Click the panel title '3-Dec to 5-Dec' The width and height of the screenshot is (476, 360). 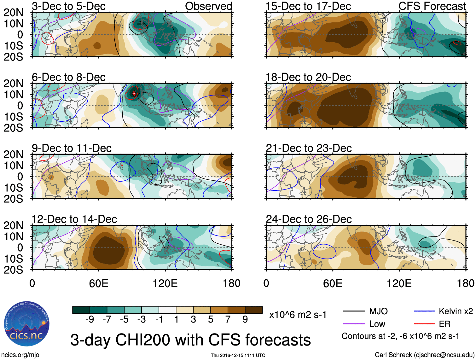click(69, 6)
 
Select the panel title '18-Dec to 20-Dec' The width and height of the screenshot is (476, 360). click(308, 77)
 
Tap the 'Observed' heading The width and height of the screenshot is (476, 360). click(208, 6)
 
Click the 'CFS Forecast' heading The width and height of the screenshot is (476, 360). click(432, 6)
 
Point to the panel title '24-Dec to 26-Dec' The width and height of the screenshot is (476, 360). click(309, 219)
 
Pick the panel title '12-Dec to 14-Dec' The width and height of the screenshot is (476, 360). click(74, 219)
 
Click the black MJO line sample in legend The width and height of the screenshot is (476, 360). click(354, 311)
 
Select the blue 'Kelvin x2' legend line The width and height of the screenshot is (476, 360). click(424, 311)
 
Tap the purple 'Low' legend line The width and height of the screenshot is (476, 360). click(354, 324)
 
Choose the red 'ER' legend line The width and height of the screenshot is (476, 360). click(424, 324)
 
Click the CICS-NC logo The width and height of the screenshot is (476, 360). click(27, 324)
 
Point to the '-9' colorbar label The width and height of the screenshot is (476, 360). click(90, 320)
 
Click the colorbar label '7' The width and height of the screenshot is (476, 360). click(228, 320)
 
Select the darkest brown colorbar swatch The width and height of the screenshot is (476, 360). click(254, 310)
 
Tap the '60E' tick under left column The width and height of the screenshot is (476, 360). click(99, 283)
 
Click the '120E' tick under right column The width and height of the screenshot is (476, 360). click(399, 283)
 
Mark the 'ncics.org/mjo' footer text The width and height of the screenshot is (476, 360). click(20, 355)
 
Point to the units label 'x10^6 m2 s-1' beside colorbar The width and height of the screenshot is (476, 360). click(298, 315)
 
